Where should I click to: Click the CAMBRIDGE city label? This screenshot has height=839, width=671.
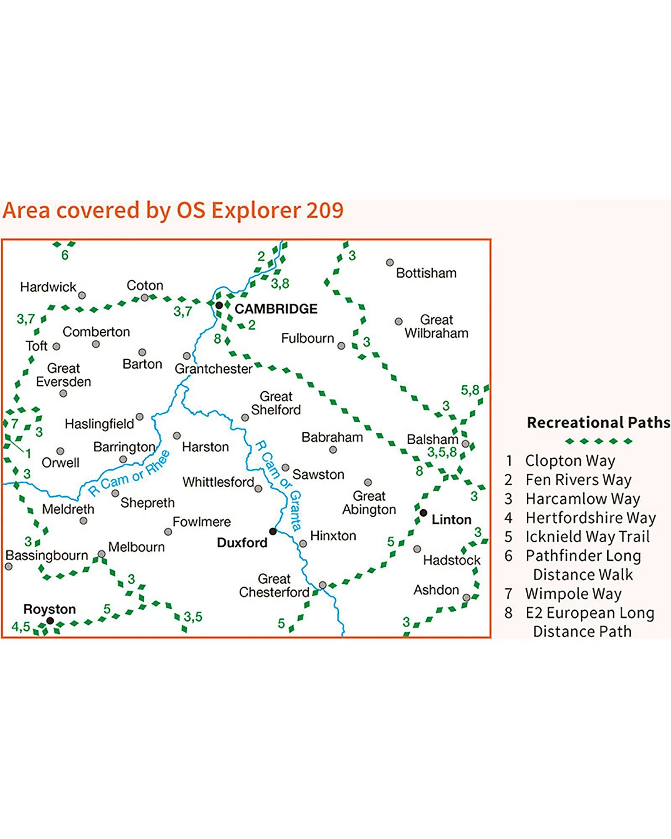click(276, 309)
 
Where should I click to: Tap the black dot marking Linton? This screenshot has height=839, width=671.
click(424, 513)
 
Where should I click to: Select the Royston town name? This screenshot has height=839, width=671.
click(49, 609)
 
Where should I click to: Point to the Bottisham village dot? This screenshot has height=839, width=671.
click(390, 263)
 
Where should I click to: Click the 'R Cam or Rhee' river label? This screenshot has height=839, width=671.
click(129, 473)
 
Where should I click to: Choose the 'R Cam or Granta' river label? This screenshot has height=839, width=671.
click(278, 486)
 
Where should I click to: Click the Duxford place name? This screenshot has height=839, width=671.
click(242, 543)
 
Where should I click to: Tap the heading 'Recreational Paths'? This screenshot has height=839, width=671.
click(598, 422)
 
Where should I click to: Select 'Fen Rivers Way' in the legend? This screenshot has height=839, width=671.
click(578, 479)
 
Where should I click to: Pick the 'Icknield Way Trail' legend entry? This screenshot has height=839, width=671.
click(588, 537)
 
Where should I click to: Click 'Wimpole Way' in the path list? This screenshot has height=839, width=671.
click(573, 594)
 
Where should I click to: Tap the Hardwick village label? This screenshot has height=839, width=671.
click(48, 287)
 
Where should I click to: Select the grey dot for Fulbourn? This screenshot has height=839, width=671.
click(341, 346)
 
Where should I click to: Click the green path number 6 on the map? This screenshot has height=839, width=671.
click(65, 255)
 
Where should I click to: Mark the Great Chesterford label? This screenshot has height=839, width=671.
click(274, 586)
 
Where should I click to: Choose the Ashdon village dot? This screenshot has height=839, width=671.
click(466, 598)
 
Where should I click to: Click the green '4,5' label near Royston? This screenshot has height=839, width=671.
click(21, 627)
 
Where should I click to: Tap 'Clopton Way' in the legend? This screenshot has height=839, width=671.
click(570, 461)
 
